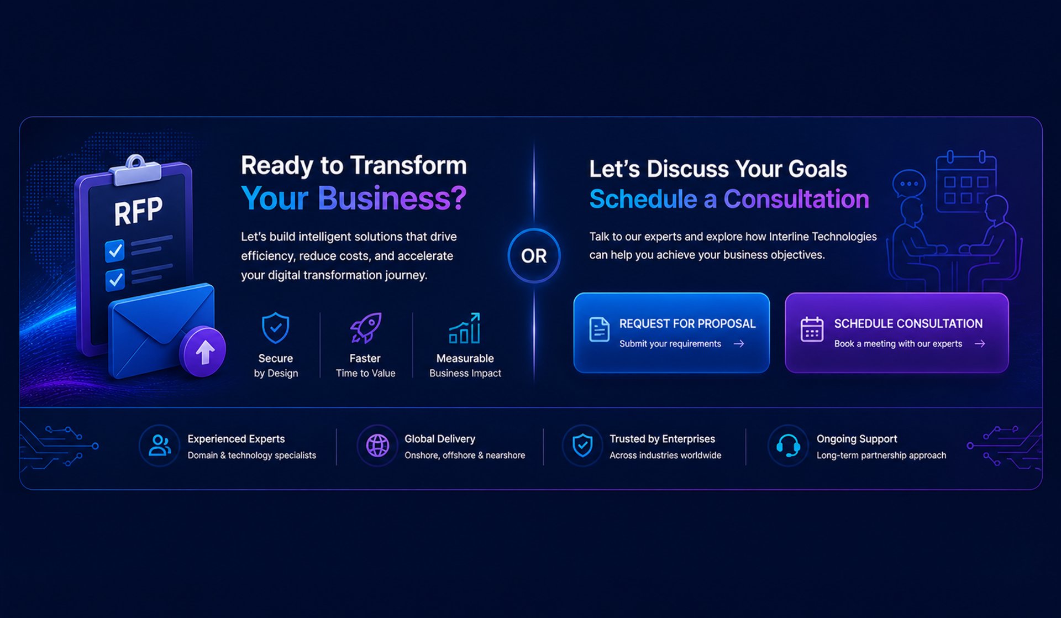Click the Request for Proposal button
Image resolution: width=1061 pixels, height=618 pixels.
671,333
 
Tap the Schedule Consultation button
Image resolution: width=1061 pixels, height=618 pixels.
896,333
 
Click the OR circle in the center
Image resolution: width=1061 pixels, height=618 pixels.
534,255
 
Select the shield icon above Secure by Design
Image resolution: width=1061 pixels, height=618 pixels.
275,328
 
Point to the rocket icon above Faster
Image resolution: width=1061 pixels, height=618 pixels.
365,328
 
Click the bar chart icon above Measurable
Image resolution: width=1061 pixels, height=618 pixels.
465,328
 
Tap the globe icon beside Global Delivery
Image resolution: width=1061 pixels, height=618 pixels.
377,445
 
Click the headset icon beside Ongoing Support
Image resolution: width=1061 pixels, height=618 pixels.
788,445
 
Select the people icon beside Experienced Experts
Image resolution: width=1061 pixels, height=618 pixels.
160,445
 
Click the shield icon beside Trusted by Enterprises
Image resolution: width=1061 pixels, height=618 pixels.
582,445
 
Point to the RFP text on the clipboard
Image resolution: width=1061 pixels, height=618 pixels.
138,211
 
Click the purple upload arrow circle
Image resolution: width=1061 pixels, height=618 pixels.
203,352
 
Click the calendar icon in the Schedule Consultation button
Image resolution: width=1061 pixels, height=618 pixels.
812,329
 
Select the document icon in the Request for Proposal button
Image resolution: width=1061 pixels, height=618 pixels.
599,329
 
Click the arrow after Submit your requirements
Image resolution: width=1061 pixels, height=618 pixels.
739,344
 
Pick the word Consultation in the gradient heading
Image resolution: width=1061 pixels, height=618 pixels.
796,199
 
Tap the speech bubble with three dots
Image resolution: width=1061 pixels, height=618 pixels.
909,184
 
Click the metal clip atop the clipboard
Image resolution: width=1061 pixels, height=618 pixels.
135,170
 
